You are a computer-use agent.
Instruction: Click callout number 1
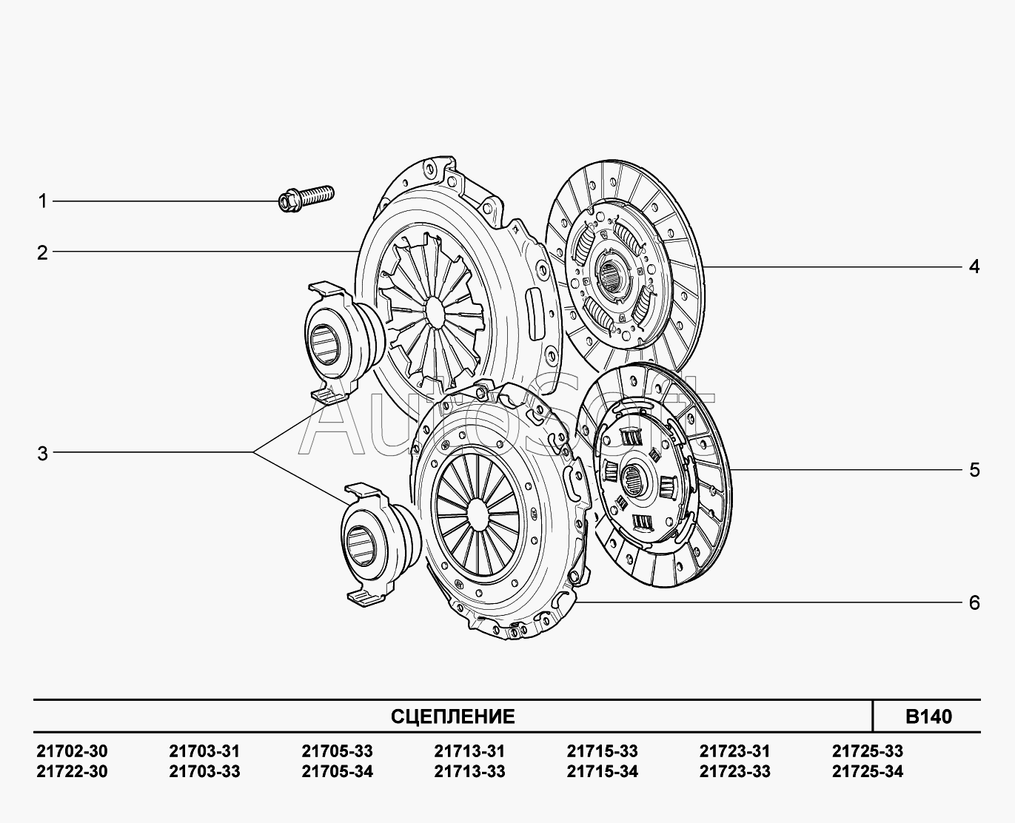(43, 201)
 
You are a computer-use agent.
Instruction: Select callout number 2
(43, 253)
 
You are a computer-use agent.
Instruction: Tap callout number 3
(43, 454)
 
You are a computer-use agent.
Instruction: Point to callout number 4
(974, 266)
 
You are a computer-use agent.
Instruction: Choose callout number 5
(974, 470)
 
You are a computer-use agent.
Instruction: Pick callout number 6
(974, 603)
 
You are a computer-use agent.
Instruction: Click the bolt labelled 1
(306, 199)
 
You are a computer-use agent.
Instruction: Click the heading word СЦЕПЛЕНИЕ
(452, 716)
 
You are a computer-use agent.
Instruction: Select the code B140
(928, 716)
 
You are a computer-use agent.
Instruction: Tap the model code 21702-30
(72, 751)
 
